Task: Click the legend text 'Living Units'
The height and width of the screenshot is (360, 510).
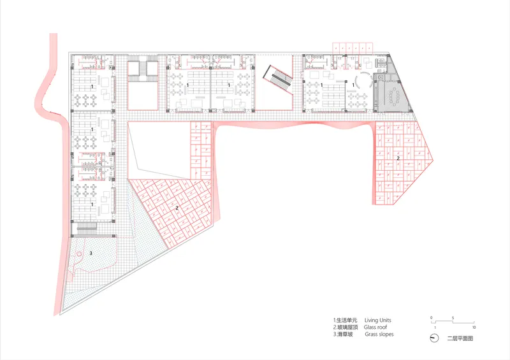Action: (x=377, y=320)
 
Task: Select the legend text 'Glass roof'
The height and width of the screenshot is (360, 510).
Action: (x=375, y=327)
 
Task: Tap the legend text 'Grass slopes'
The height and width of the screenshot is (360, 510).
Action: (x=379, y=335)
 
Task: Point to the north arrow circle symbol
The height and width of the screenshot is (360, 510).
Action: (x=434, y=338)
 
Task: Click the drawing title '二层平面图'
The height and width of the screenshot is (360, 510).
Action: (x=460, y=338)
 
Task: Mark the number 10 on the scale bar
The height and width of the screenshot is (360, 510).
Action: (x=474, y=328)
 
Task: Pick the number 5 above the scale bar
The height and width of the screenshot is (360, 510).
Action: (x=453, y=318)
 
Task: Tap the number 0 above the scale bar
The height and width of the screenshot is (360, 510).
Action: (x=432, y=318)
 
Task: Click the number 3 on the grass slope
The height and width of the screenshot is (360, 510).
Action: (x=91, y=253)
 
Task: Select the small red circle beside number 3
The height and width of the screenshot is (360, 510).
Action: (x=78, y=254)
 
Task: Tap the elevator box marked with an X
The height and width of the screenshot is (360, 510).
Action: (x=380, y=77)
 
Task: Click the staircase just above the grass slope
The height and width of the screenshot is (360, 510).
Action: (x=87, y=227)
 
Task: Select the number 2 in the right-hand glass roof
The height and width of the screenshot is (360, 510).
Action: (x=398, y=159)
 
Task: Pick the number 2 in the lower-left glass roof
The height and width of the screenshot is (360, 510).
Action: (x=177, y=208)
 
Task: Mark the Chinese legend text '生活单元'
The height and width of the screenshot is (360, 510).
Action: (x=347, y=320)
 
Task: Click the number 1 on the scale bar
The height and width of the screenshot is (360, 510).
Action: (x=435, y=328)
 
